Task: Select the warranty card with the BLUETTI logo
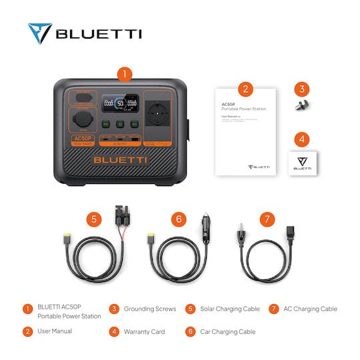302,162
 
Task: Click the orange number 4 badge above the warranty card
302,140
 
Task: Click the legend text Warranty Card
145,331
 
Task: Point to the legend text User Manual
55,331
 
